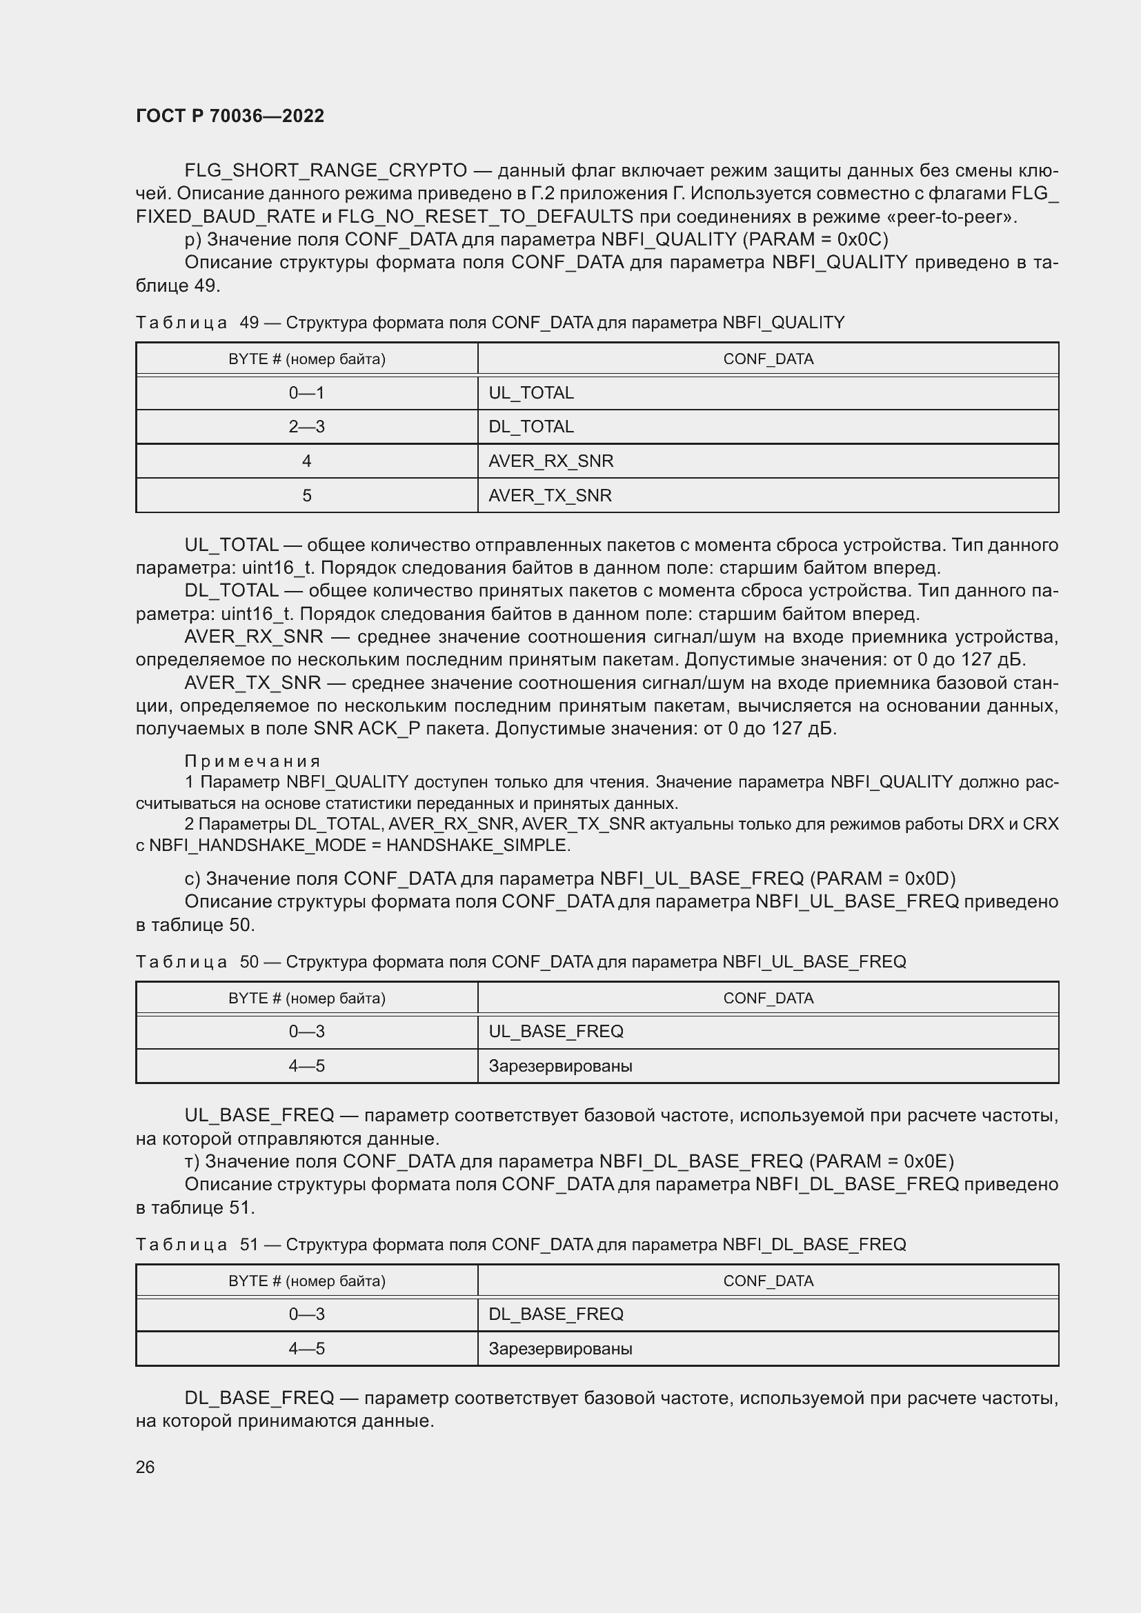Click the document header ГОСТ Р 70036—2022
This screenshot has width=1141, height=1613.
(x=230, y=116)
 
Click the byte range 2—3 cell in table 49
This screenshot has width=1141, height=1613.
(x=306, y=426)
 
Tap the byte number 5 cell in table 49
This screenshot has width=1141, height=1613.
(x=306, y=495)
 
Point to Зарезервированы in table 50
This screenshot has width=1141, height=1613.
(x=560, y=1065)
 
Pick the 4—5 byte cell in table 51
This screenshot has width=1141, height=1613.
(x=306, y=1348)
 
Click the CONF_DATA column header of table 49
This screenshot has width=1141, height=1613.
(x=768, y=359)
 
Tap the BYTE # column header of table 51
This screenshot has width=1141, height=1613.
(x=306, y=1281)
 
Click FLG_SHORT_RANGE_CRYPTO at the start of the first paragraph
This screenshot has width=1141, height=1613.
(x=326, y=171)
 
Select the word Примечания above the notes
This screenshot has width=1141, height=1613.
(x=252, y=761)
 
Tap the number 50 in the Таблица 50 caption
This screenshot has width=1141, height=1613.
(x=250, y=962)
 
